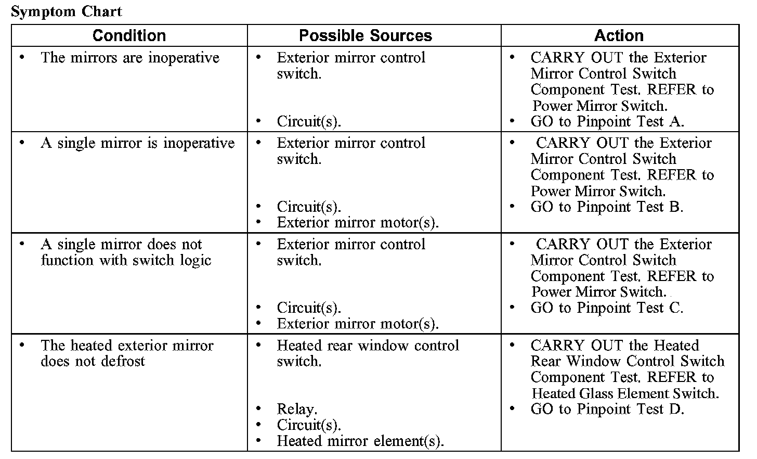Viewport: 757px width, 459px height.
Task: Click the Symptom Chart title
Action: pos(66,11)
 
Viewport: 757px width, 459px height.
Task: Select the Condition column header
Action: pos(129,35)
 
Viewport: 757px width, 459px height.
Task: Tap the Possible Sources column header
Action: pos(365,35)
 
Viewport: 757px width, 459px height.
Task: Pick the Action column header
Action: pos(619,35)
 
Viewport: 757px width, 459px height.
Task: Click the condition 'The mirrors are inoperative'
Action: pos(130,57)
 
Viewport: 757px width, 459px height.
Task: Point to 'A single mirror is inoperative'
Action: pos(137,143)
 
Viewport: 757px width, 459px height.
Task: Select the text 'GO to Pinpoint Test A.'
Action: pos(607,122)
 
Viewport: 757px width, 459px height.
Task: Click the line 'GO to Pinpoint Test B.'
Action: pos(607,207)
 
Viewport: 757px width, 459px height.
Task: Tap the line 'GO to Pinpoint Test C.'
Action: pos(607,308)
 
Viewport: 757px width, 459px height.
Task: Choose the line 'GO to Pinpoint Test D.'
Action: pos(607,409)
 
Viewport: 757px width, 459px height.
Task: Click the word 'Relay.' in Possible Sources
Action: pos(297,409)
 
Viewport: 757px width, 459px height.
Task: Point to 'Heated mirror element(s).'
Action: pos(360,441)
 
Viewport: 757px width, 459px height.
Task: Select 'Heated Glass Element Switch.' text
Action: pos(625,393)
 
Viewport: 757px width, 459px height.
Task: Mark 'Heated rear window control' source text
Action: pos(368,346)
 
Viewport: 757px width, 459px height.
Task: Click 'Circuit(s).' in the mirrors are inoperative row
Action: pos(309,122)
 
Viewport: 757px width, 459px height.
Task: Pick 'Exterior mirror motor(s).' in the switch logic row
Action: pos(358,324)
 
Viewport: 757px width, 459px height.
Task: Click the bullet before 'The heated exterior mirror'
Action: pos(21,345)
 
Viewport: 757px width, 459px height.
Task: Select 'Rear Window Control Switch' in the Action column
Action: pos(627,361)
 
